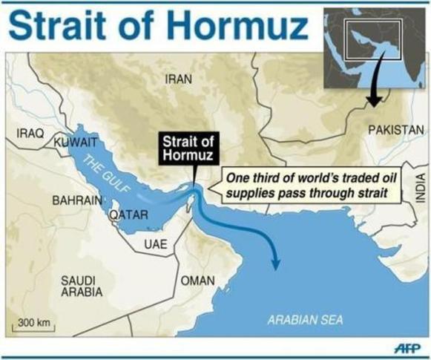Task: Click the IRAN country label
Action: click(x=178, y=79)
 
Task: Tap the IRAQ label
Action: click(x=30, y=134)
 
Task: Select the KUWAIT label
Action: click(x=73, y=140)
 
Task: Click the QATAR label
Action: click(x=130, y=215)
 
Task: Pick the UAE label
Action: click(x=157, y=244)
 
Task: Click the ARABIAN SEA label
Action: click(x=305, y=321)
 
